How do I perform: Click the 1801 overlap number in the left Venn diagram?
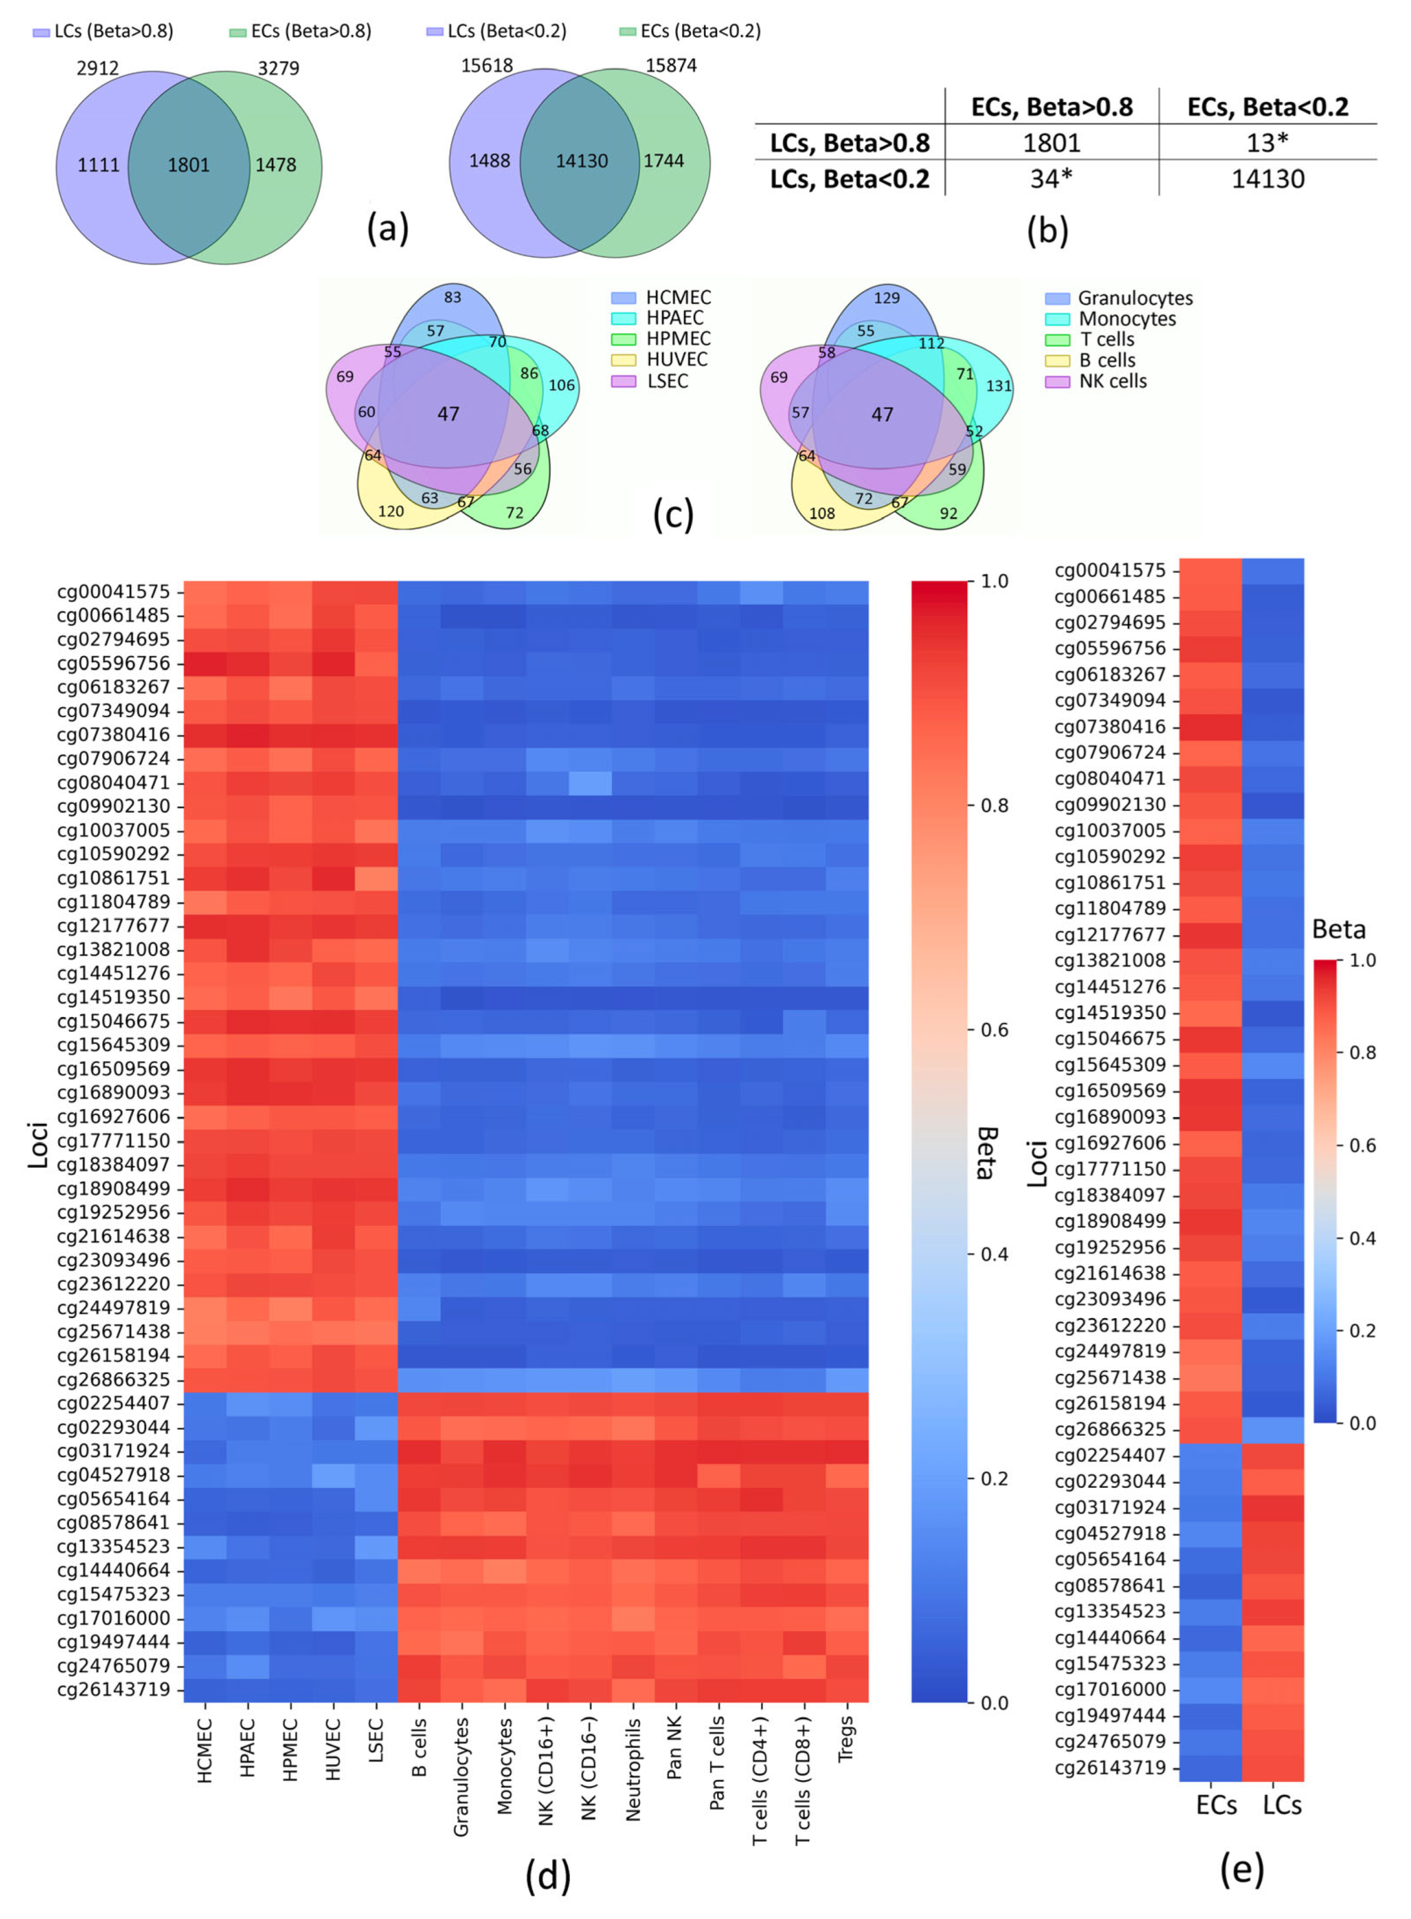189,165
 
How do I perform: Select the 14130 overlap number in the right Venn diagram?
582,160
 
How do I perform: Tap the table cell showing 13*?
1267,143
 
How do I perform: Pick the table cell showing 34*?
1052,179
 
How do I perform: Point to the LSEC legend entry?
667,381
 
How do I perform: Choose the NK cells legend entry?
1112,381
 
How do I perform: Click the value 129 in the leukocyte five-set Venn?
887,298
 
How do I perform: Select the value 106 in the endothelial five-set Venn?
561,385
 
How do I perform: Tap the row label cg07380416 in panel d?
113,735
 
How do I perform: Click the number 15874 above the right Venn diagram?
671,66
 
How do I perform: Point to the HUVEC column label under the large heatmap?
333,1749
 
